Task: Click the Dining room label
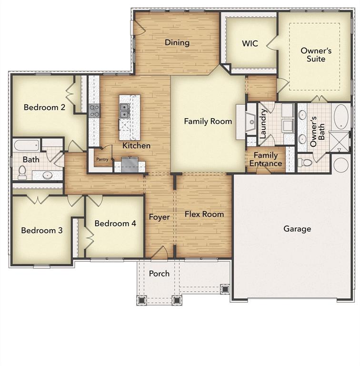pyautogui.click(x=177, y=42)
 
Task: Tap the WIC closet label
pyautogui.click(x=250, y=43)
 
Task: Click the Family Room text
pyautogui.click(x=208, y=121)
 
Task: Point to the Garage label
pyautogui.click(x=297, y=229)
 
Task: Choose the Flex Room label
pyautogui.click(x=204, y=214)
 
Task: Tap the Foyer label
pyautogui.click(x=160, y=217)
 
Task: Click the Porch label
pyautogui.click(x=159, y=274)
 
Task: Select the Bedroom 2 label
pyautogui.click(x=45, y=107)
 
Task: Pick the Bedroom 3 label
pyautogui.click(x=42, y=230)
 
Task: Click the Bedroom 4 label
pyautogui.click(x=115, y=224)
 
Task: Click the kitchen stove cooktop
pyautogui.click(x=94, y=111)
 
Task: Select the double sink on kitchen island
pyautogui.click(x=125, y=111)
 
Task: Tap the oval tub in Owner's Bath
pyautogui.click(x=340, y=117)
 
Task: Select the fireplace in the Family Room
pyautogui.click(x=250, y=122)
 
